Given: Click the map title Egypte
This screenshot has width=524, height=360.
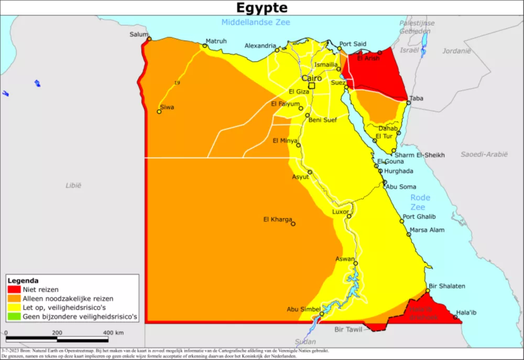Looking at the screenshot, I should click(261, 8).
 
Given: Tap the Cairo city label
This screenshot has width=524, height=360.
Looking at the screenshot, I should click(311, 78).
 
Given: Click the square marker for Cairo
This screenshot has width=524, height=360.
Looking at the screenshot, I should click(312, 85).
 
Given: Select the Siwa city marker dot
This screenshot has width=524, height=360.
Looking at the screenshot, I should click(159, 112).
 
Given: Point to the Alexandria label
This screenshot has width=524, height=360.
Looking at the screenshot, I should click(260, 46).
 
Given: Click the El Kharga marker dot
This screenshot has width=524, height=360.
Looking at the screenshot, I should click(293, 224).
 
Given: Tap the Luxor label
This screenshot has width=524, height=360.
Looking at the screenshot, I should click(341, 212).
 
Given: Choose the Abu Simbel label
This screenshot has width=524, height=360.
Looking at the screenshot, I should click(303, 309).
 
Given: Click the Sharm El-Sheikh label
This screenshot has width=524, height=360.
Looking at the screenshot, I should click(420, 155).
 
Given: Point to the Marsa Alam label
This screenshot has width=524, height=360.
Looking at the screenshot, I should click(427, 230).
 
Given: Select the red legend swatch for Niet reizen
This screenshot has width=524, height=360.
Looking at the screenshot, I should click(14, 289).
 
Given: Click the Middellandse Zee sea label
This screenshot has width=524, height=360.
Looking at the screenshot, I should click(256, 22).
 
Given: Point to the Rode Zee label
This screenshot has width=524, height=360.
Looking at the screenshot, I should click(420, 202).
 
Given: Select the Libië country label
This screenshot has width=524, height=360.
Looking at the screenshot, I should click(73, 185).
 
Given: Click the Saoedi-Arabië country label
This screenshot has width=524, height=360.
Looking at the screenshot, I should click(484, 154).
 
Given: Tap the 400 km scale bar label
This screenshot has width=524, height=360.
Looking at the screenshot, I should click(113, 333).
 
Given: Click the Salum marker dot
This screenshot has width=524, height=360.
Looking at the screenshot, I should click(149, 39).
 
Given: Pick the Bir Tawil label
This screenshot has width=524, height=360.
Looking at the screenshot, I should click(348, 330).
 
